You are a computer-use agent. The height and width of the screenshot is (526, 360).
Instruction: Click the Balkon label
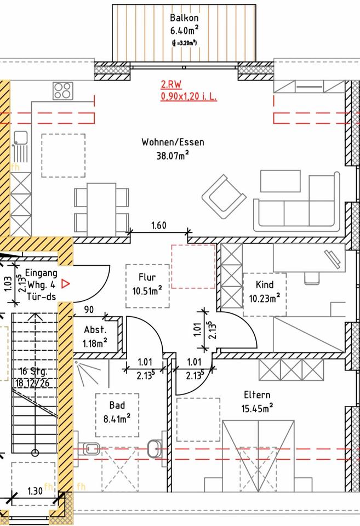[x=184, y=18]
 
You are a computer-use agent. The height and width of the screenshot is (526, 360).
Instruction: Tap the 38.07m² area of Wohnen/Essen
[x=173, y=156]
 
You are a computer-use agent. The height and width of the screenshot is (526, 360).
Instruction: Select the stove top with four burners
[x=62, y=90]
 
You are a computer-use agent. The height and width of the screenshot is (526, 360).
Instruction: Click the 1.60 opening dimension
[x=159, y=225]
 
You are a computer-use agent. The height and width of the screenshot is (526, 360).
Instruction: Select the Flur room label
[x=147, y=277]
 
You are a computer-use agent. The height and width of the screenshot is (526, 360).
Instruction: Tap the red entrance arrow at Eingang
[x=66, y=283]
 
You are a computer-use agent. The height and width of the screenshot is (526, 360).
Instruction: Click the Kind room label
[x=264, y=285]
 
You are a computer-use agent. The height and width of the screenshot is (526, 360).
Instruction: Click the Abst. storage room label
[x=95, y=330]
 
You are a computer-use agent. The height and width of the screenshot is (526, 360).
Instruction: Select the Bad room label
[x=117, y=405]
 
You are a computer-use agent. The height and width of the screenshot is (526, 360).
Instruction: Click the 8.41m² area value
[x=117, y=419]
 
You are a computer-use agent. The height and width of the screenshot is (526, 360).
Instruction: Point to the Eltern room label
[x=257, y=395]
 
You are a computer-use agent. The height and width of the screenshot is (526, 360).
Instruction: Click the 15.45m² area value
[x=257, y=408]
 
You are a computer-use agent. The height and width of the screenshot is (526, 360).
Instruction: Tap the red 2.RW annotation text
[x=170, y=85]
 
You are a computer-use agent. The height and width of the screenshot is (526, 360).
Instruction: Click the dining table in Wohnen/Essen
[x=101, y=205]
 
